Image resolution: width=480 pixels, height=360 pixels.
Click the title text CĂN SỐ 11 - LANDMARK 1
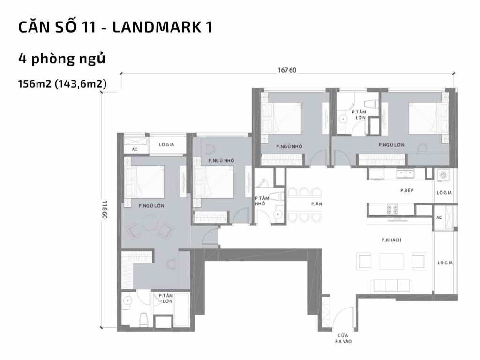point(115,27)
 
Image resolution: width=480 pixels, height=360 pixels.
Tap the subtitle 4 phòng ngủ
point(61,60)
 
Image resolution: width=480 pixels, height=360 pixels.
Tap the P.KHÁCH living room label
point(391,240)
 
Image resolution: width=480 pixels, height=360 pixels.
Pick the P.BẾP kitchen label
point(406,191)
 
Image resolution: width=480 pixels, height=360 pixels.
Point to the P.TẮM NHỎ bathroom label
point(261,201)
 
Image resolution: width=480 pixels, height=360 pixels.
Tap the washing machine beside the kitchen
point(443,175)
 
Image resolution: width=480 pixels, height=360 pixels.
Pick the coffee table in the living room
point(391,261)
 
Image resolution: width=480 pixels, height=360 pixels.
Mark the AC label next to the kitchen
point(439,217)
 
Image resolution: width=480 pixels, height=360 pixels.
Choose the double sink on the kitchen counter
point(405,174)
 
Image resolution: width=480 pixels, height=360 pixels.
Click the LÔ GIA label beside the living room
point(444,263)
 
